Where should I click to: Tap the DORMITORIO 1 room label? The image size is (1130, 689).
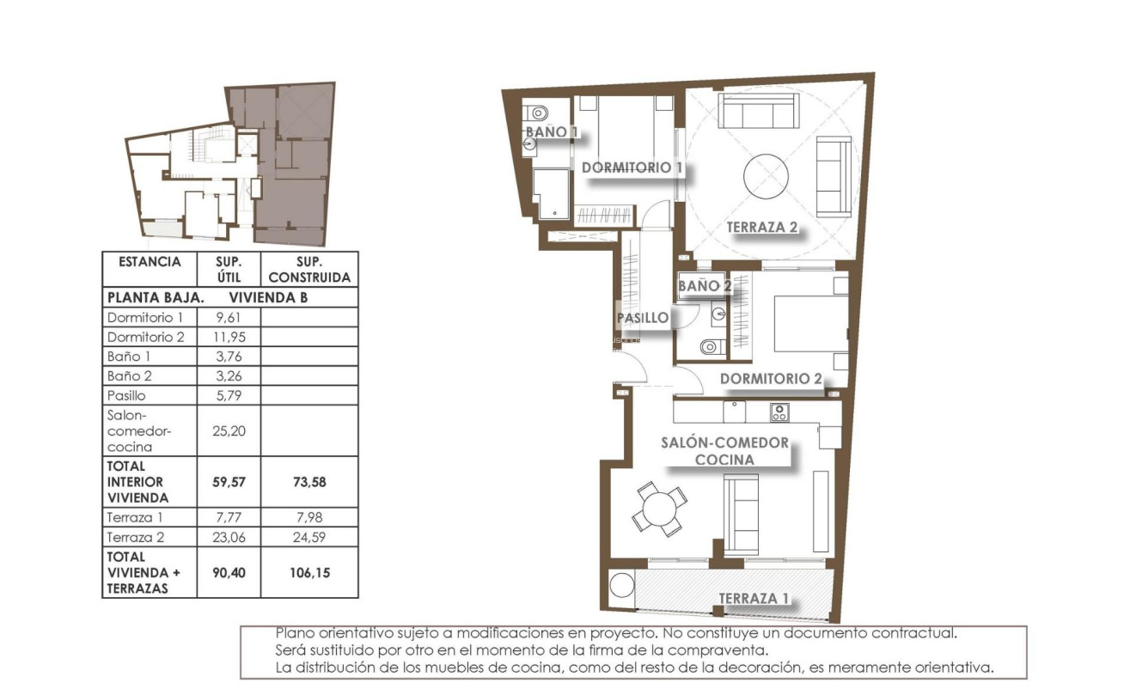pos(632,168)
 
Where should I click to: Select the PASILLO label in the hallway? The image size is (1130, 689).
pos(642,318)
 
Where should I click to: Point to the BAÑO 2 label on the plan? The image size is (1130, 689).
pos(704,285)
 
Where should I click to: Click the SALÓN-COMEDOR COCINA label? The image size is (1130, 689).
pos(724,451)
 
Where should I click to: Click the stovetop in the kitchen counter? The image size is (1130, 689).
pos(779,412)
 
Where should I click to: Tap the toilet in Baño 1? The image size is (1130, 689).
pos(537,112)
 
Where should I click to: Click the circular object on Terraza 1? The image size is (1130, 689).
pos(621,586)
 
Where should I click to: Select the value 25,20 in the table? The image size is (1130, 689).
pos(223,430)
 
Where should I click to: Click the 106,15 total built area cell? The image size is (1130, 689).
pos(308,573)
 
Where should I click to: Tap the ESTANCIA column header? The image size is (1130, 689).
pos(150,262)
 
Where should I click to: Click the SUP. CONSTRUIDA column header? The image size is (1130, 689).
pos(308,270)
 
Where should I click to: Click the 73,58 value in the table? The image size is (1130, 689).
pos(308,482)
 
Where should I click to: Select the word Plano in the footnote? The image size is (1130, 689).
pos(294,633)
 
